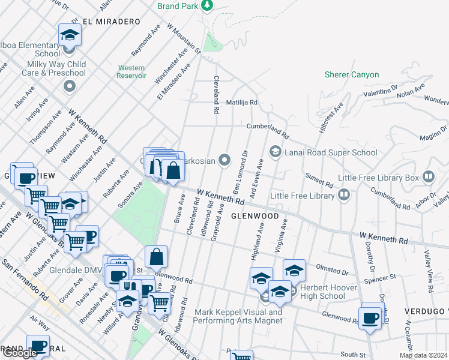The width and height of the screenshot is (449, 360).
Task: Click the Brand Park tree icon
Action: tap(207, 6)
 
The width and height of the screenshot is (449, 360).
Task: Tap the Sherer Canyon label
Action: tap(352, 74)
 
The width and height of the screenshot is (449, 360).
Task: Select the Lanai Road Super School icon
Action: tap(276, 152)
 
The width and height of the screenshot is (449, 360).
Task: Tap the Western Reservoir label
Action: tap(132, 71)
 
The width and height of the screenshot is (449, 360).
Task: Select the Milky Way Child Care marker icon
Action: tap(70, 86)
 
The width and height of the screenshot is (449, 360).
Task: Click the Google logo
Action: tap(20, 353)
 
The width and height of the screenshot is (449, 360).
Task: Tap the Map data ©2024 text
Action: tap(423, 355)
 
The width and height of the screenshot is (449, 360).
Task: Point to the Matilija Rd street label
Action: tap(241, 103)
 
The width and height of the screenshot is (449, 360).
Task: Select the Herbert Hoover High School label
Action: tap(324, 292)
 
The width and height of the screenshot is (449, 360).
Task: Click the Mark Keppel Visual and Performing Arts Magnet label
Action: tap(238, 316)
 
